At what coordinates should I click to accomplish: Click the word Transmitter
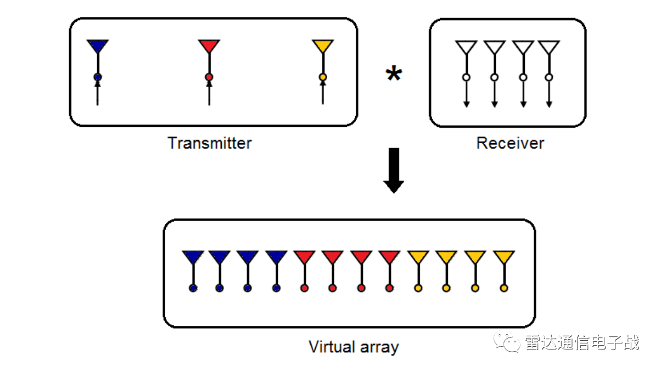click(209, 143)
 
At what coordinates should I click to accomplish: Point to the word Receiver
click(510, 143)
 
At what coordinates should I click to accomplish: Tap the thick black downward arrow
click(394, 171)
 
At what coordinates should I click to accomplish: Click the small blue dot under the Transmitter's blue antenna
click(98, 77)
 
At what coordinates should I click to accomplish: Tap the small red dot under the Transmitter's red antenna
click(209, 77)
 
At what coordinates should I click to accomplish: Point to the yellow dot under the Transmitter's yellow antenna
click(322, 77)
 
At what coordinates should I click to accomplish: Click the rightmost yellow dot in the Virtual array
click(503, 288)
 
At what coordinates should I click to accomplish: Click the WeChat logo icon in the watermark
click(507, 342)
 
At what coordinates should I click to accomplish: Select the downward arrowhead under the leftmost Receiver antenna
click(466, 104)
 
